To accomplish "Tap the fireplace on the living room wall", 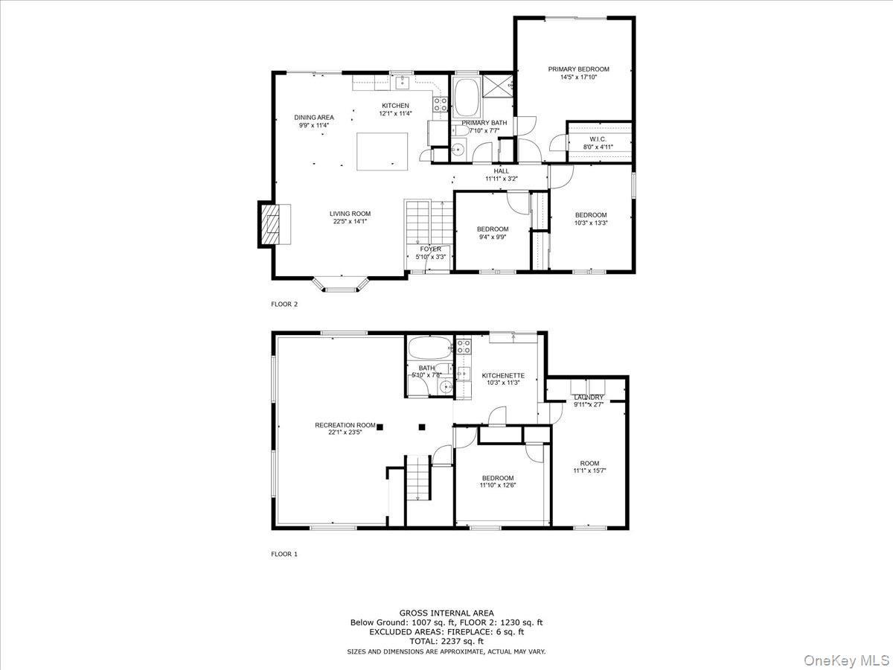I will (x=269, y=223).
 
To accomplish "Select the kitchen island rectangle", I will (x=383, y=152).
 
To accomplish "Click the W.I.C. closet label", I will (x=598, y=139).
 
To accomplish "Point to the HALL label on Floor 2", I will (x=502, y=171).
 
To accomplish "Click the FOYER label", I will (x=430, y=249).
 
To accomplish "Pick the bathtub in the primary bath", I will (x=469, y=97).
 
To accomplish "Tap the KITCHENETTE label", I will (x=503, y=376).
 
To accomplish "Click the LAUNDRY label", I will (x=588, y=398).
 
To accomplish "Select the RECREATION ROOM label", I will (x=345, y=425).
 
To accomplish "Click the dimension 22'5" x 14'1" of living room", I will (x=349, y=221).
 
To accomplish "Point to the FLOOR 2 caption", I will (x=284, y=304).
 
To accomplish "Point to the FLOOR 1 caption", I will (x=284, y=554).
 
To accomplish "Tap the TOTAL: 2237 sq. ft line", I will (x=446, y=641).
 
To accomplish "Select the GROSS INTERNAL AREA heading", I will (x=446, y=613).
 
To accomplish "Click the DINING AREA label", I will (x=313, y=118).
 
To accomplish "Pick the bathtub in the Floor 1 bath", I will (x=429, y=348).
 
